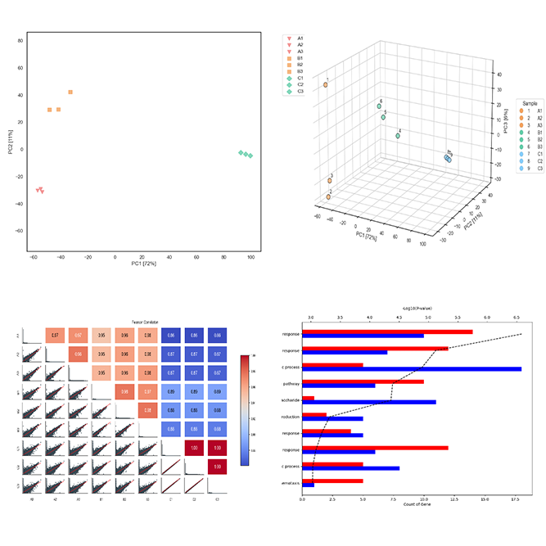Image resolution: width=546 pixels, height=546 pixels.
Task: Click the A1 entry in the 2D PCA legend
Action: (x=300, y=38)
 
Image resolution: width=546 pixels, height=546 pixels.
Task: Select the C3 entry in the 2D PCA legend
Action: (x=300, y=92)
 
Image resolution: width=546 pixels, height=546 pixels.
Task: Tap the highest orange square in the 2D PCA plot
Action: (x=70, y=93)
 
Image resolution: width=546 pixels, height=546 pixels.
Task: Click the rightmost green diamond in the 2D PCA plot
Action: (x=250, y=156)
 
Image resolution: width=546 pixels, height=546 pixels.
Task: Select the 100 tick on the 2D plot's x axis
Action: (x=250, y=256)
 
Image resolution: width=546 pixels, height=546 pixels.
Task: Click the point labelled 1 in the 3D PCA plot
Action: (x=326, y=84)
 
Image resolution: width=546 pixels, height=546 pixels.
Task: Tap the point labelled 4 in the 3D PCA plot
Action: (x=398, y=135)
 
